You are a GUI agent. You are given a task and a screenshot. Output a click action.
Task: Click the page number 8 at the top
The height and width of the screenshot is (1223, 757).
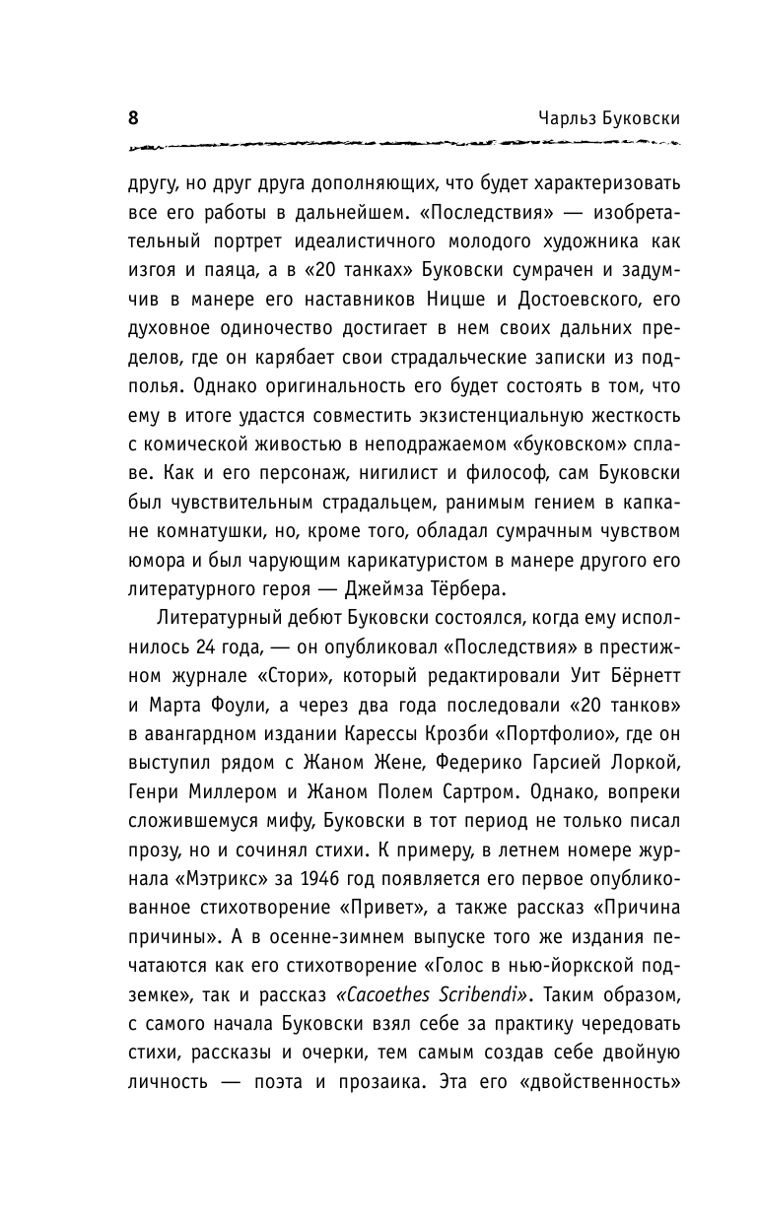pos(133,117)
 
